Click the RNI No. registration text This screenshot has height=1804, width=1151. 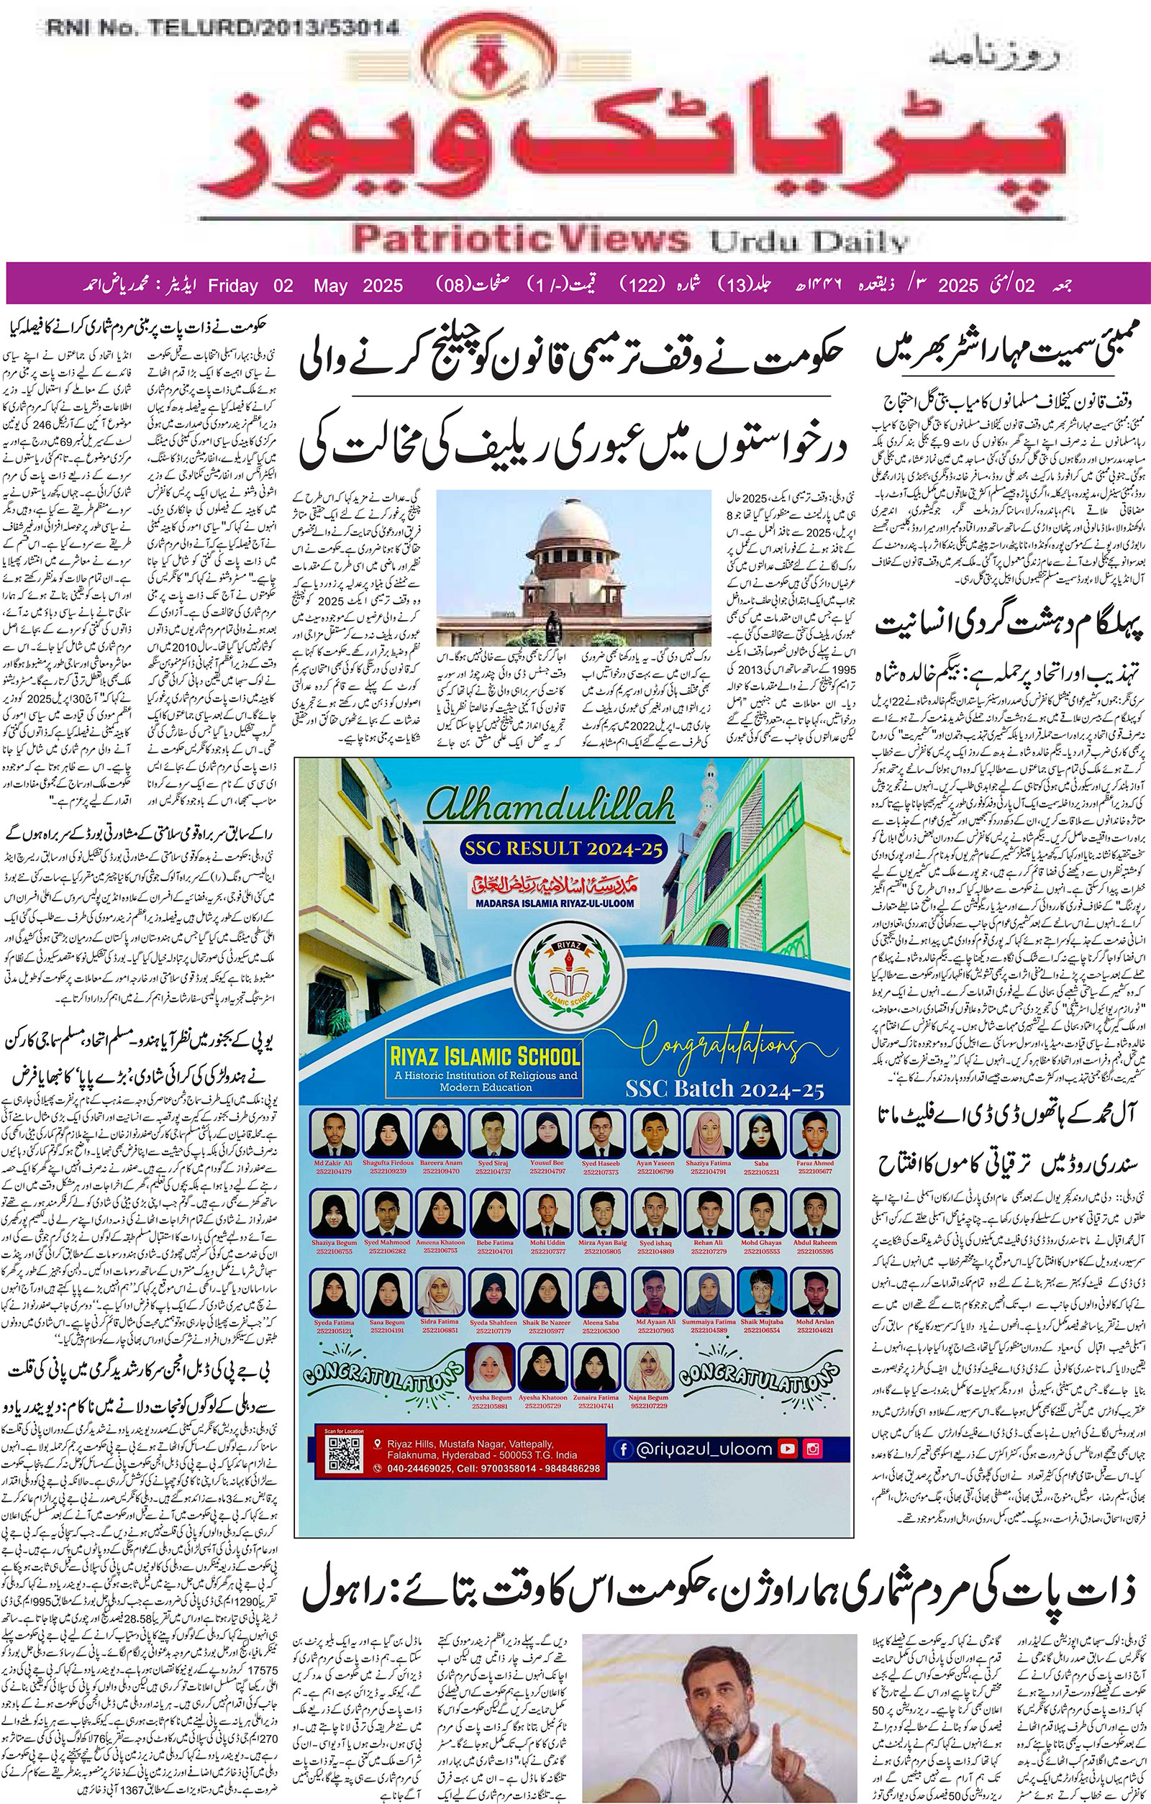pyautogui.click(x=223, y=29)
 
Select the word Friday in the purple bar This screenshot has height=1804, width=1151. pyautogui.click(x=233, y=286)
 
